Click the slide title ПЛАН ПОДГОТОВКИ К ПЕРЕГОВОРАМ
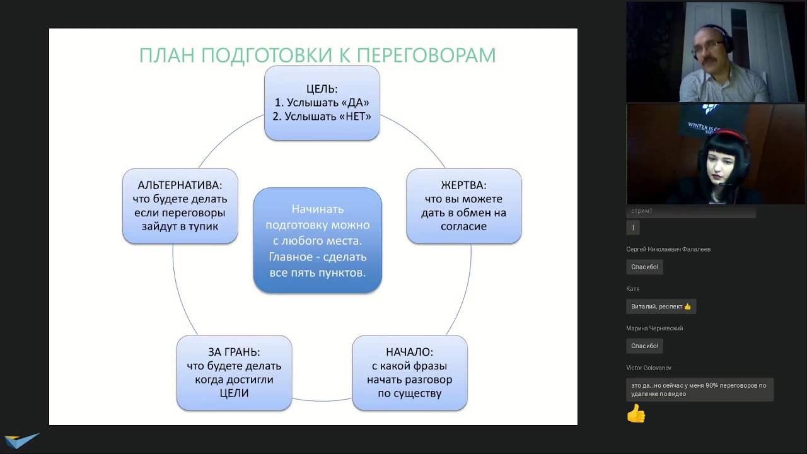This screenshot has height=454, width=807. [317, 55]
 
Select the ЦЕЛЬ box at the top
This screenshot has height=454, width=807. [322, 103]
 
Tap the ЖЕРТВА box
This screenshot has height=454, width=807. [463, 206]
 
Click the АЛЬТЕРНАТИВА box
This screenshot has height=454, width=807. [180, 206]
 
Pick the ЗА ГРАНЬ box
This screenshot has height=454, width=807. [234, 373]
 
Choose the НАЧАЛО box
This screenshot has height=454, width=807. [409, 373]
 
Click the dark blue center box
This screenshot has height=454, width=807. [317, 240]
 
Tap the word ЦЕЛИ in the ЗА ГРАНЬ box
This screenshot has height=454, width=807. [234, 393]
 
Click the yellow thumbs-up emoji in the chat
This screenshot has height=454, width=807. [636, 414]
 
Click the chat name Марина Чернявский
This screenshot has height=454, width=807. [654, 329]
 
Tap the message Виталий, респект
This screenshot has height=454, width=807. [661, 306]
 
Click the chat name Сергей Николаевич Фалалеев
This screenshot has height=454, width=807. [668, 250]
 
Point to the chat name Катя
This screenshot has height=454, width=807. [633, 289]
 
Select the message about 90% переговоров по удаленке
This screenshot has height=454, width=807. [699, 389]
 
